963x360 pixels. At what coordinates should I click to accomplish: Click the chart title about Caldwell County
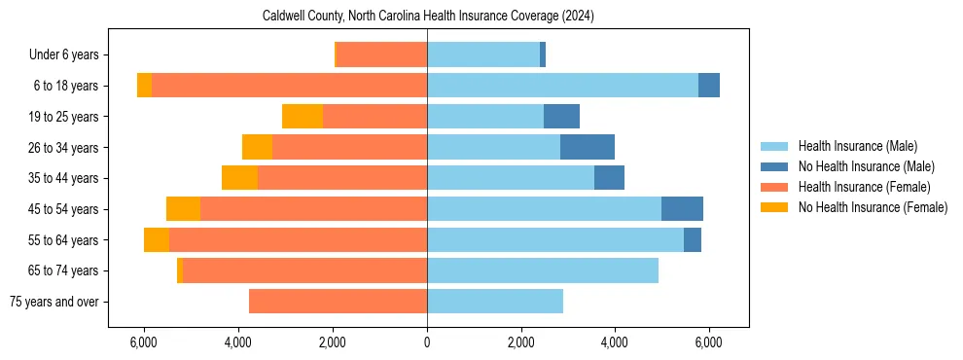[428, 17]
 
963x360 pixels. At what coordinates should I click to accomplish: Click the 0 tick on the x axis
[427, 343]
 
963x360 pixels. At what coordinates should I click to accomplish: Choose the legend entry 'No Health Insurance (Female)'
[872, 207]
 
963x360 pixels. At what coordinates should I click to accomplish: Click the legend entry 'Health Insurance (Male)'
[857, 146]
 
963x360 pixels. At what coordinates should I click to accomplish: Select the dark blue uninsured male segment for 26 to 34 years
[588, 148]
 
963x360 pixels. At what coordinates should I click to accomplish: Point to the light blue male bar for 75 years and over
[495, 302]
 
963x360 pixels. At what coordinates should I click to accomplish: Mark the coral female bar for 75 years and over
[338, 302]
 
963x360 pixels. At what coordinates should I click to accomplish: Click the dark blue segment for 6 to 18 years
[709, 86]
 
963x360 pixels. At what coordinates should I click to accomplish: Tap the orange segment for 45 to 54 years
[183, 209]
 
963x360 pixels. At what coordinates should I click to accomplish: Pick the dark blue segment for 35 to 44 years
[609, 178]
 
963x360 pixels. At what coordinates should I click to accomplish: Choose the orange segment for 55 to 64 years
[157, 240]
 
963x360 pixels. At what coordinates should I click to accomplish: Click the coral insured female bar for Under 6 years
[381, 55]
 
